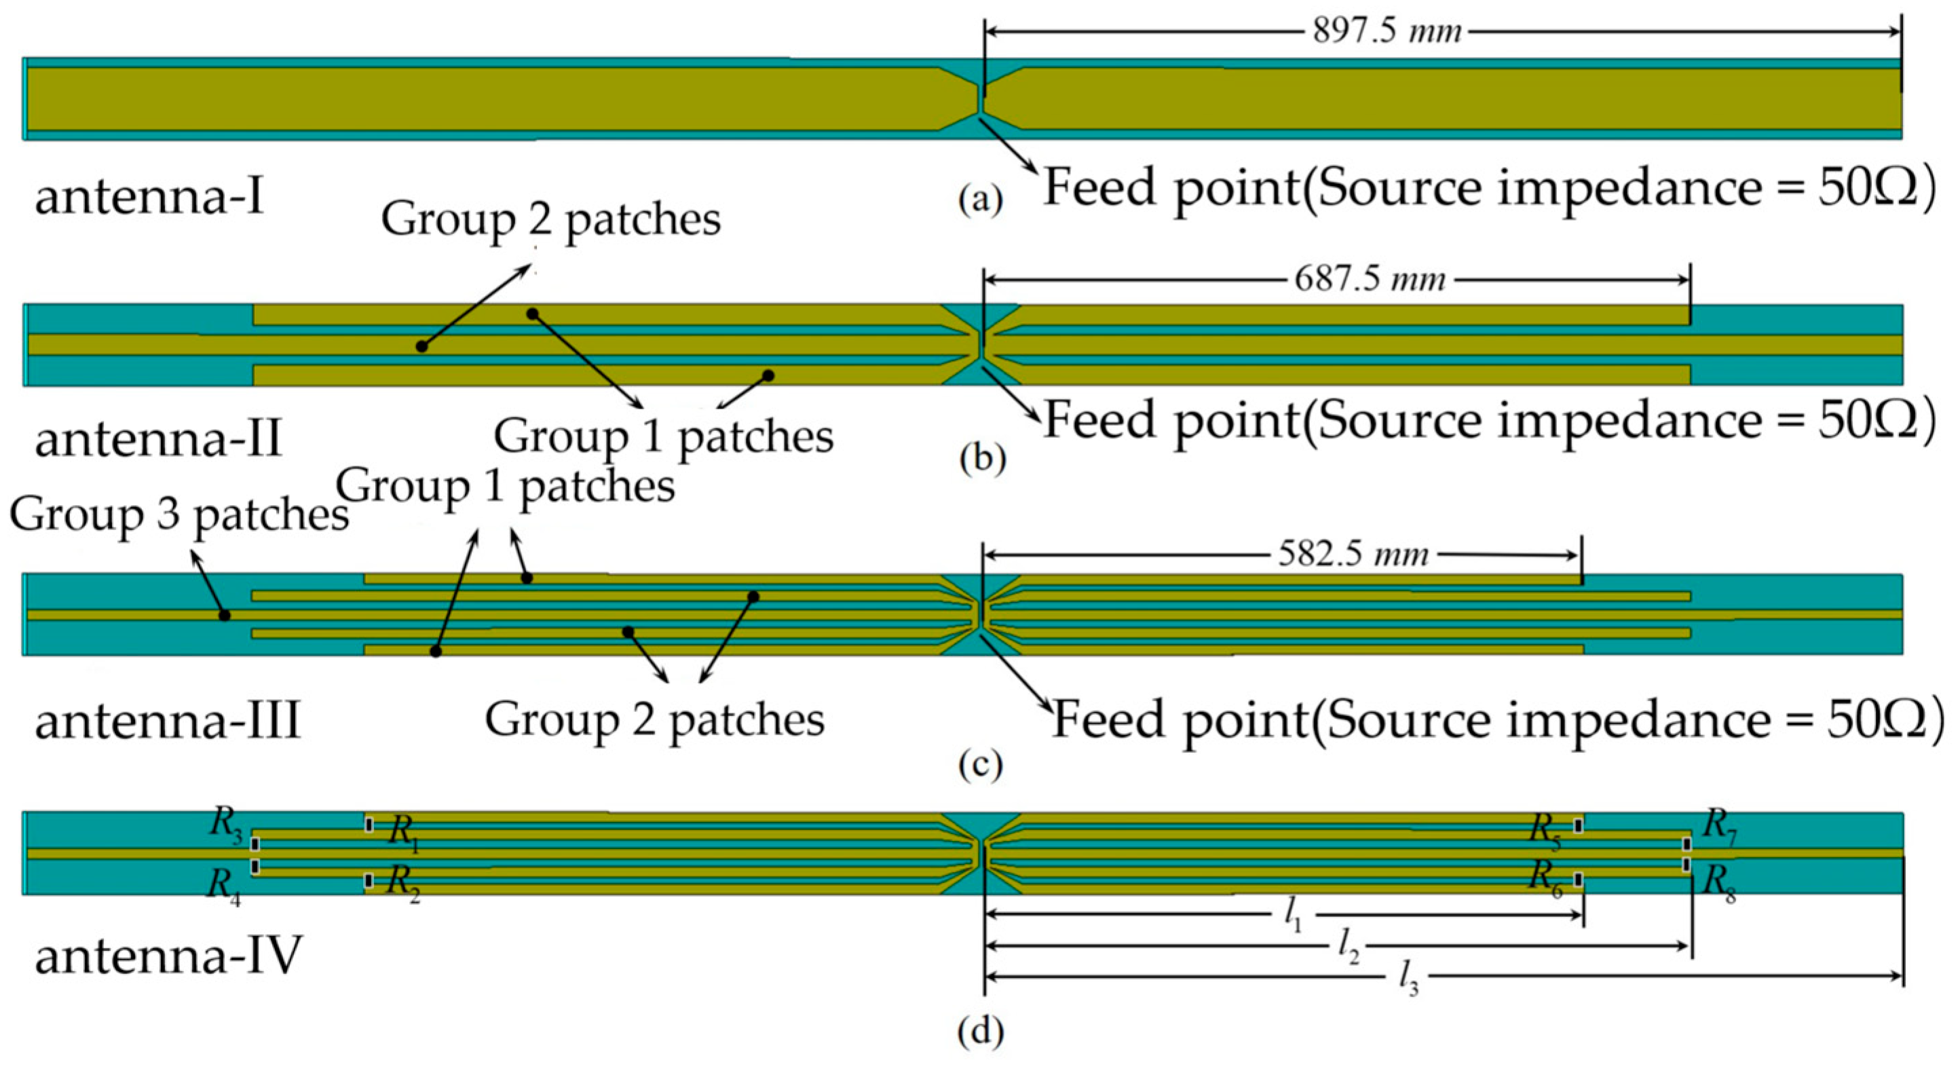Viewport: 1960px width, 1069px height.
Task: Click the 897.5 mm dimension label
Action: [x=1387, y=32]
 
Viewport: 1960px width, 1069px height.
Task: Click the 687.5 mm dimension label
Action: [x=1370, y=280]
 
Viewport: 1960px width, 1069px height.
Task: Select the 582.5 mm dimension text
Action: [x=1353, y=555]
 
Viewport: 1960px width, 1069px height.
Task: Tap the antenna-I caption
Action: [x=150, y=197]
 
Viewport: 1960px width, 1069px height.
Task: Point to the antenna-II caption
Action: [x=158, y=440]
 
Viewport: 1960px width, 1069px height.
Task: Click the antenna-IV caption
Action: [x=168, y=956]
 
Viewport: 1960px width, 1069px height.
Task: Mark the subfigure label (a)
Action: [x=981, y=200]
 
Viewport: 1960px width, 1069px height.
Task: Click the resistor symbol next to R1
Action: [x=369, y=825]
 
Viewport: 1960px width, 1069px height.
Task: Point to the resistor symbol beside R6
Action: [x=1579, y=880]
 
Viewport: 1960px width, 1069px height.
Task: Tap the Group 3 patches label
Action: [x=178, y=515]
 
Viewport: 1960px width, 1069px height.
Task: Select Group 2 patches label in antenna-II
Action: [x=550, y=220]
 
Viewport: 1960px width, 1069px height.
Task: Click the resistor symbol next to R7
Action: [x=1687, y=844]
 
